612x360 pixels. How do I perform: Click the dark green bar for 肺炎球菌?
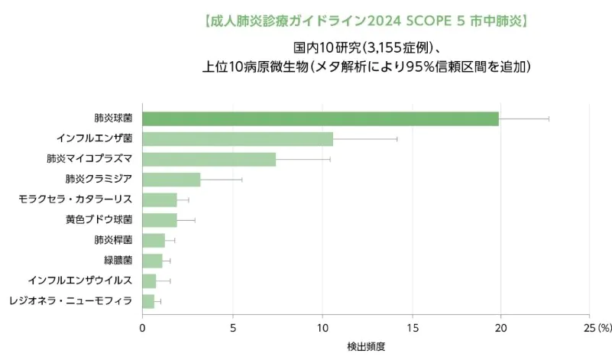click(320, 118)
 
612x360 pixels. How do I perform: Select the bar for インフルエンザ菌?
click(238, 139)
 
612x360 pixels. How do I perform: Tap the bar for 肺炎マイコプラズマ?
click(209, 159)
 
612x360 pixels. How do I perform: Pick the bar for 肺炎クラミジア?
click(171, 180)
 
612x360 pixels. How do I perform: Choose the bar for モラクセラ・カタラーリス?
click(160, 199)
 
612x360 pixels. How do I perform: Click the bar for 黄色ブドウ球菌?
click(160, 220)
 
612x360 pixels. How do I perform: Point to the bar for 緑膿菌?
click(152, 261)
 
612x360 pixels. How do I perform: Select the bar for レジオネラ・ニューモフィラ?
click(148, 301)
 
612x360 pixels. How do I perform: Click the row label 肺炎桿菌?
click(113, 240)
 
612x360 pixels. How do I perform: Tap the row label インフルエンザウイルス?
click(80, 281)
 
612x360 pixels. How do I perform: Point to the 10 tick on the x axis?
click(322, 328)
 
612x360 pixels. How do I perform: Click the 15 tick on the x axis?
click(412, 328)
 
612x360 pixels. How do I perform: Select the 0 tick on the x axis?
click(142, 328)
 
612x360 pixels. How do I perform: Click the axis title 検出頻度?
click(366, 346)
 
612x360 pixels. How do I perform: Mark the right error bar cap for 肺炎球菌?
click(549, 118)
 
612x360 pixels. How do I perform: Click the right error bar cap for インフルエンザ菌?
click(397, 139)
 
